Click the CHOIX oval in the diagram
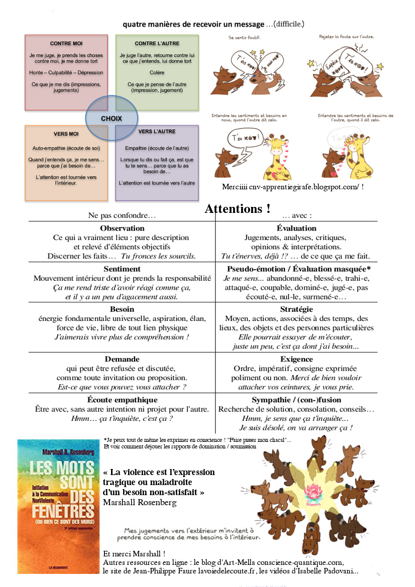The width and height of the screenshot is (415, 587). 111,119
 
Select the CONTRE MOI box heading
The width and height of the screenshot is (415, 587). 66,44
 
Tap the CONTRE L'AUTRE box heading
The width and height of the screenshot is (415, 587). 157,44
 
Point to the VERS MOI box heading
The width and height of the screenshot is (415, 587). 66,134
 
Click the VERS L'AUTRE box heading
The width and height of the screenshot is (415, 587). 157,132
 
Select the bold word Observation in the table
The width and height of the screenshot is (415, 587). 122,228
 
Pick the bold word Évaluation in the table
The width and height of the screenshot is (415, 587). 296,228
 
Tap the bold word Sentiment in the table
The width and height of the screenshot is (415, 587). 122,269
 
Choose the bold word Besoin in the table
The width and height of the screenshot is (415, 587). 122,309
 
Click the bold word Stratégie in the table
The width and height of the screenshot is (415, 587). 296,309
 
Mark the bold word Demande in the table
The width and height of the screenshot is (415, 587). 122,359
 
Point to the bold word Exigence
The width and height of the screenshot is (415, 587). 296,359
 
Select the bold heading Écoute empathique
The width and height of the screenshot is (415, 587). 122,400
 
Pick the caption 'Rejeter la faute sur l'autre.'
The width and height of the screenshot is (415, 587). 347,37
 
